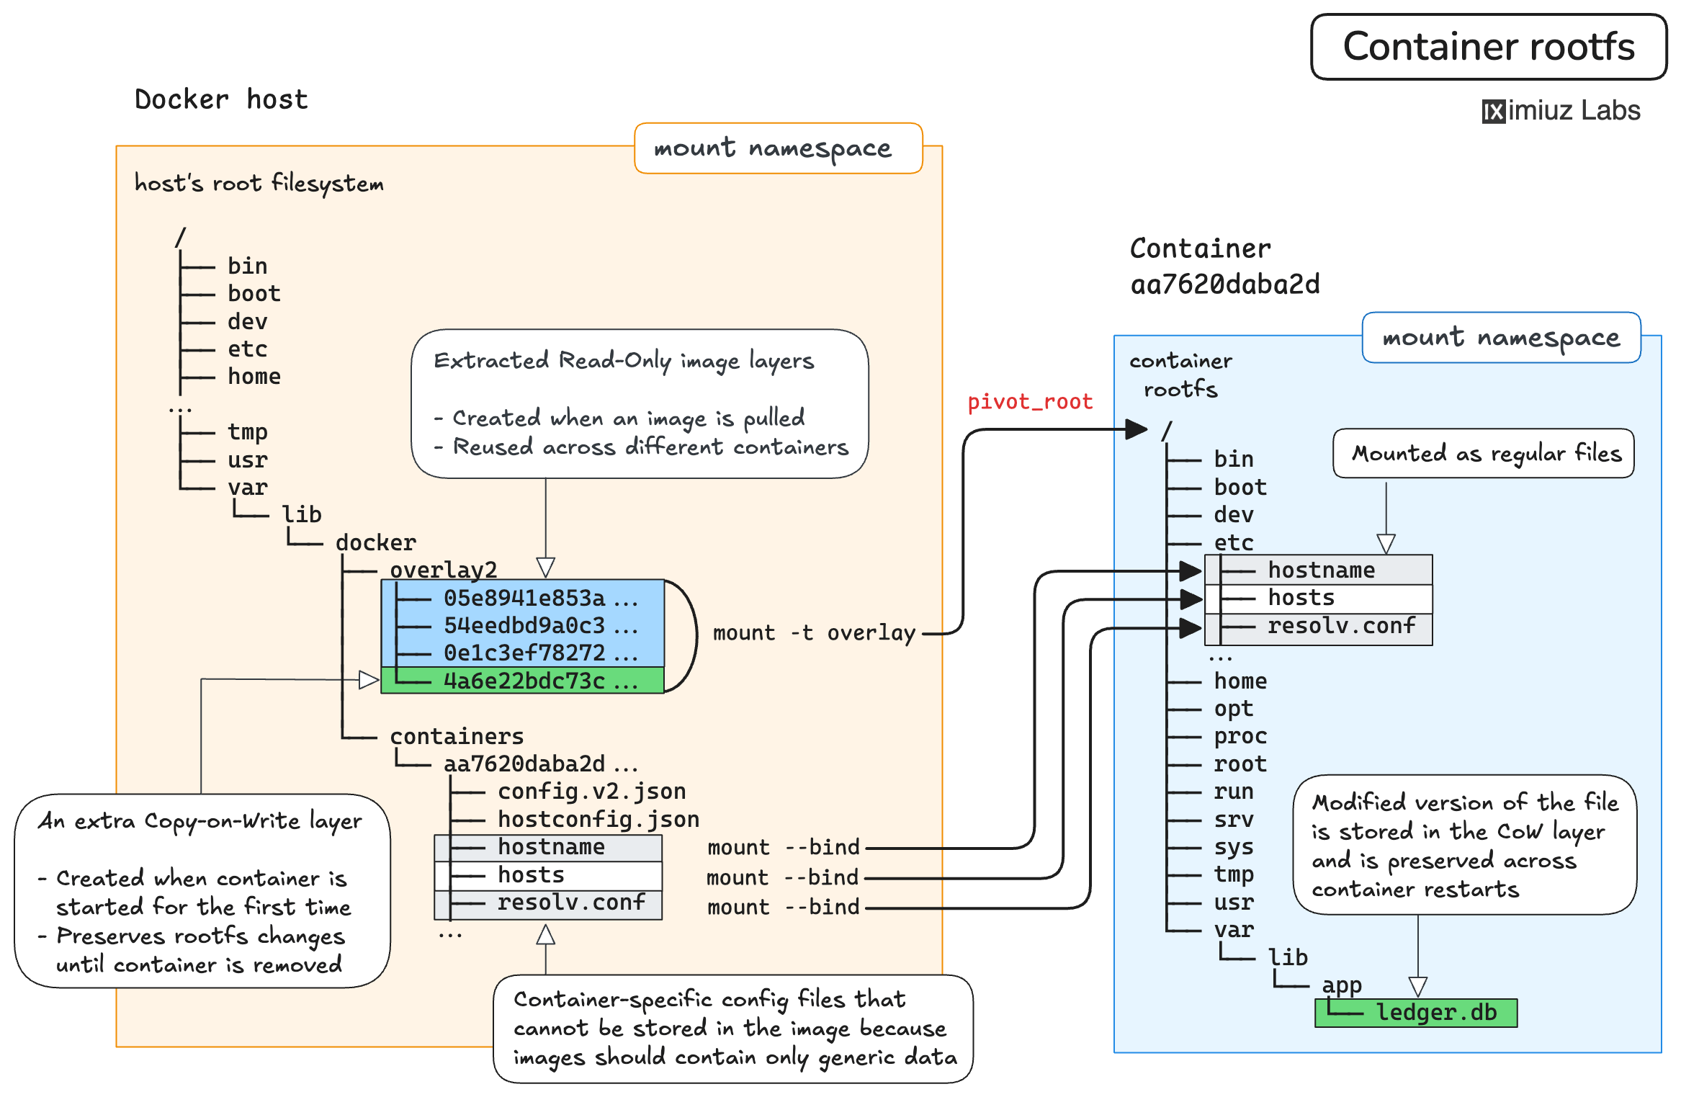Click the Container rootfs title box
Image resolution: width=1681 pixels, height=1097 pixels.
pyautogui.click(x=1488, y=47)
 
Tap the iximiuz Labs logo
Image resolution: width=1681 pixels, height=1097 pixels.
pyautogui.click(x=1561, y=111)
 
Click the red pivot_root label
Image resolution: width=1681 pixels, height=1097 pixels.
pyautogui.click(x=1029, y=402)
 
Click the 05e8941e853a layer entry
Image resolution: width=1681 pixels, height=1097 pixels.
pyautogui.click(x=524, y=598)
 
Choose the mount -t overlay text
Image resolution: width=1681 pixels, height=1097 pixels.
pyautogui.click(x=814, y=633)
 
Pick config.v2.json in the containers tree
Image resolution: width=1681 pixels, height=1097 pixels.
pyautogui.click(x=591, y=792)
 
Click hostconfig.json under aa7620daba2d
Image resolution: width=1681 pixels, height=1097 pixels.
pyautogui.click(x=599, y=820)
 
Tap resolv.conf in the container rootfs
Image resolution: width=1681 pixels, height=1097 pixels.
pyautogui.click(x=1341, y=626)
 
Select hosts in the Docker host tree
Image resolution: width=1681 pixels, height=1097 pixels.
pyautogui.click(x=531, y=875)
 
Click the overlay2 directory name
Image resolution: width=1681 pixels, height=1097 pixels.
pyautogui.click(x=443, y=570)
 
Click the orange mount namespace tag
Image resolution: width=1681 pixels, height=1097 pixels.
pyautogui.click(x=778, y=148)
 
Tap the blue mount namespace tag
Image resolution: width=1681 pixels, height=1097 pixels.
pyautogui.click(x=1501, y=338)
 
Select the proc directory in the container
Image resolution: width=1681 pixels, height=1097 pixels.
pyautogui.click(x=1240, y=736)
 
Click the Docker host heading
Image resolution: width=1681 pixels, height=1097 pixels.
pyautogui.click(x=221, y=99)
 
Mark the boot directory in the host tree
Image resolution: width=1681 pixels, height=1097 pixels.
pyautogui.click(x=254, y=294)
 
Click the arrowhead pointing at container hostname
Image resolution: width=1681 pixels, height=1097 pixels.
pyautogui.click(x=1191, y=571)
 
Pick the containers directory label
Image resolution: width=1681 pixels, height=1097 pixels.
pyautogui.click(x=457, y=736)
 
